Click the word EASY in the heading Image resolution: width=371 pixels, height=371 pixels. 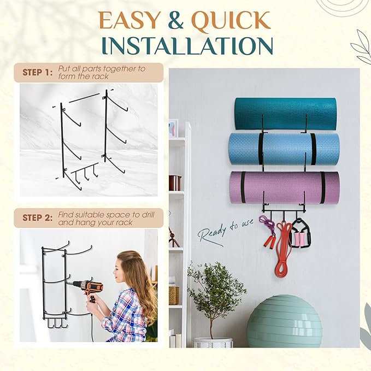(129, 20)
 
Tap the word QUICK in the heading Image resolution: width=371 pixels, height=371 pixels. (231, 21)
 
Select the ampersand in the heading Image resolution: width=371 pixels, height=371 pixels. (176, 20)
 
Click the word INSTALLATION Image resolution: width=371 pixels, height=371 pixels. (188, 46)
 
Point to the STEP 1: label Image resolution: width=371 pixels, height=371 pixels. (37, 73)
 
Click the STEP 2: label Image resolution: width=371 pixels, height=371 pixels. (37, 217)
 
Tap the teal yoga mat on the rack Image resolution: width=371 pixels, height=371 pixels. (286, 114)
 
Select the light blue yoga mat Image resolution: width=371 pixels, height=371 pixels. (284, 149)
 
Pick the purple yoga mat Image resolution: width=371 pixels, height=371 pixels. (285, 187)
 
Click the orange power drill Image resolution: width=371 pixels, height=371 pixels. (87, 288)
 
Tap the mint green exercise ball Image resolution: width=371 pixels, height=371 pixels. (284, 321)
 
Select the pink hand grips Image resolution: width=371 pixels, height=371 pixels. (300, 239)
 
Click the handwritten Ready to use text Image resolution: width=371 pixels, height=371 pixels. (225, 232)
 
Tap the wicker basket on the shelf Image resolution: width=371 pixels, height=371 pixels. (174, 295)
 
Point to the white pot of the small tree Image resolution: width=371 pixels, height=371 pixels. (213, 343)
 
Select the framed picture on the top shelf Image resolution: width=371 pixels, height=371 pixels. (173, 128)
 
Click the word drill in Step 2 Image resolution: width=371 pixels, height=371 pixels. (149, 215)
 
